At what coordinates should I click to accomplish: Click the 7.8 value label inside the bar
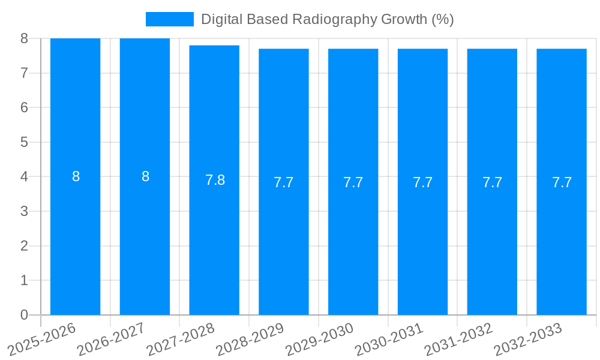pos(215,180)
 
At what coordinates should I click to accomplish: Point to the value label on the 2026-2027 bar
pos(145,176)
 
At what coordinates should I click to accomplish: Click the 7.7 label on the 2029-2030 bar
pos(353,182)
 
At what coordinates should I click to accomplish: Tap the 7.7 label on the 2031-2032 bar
pos(492,182)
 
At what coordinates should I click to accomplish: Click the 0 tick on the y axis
pos(24,315)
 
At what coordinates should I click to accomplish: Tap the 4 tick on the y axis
pos(24,177)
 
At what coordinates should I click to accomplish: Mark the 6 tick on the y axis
pos(24,107)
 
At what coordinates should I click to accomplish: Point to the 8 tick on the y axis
pos(24,38)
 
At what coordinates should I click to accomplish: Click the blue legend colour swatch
pos(170,19)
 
